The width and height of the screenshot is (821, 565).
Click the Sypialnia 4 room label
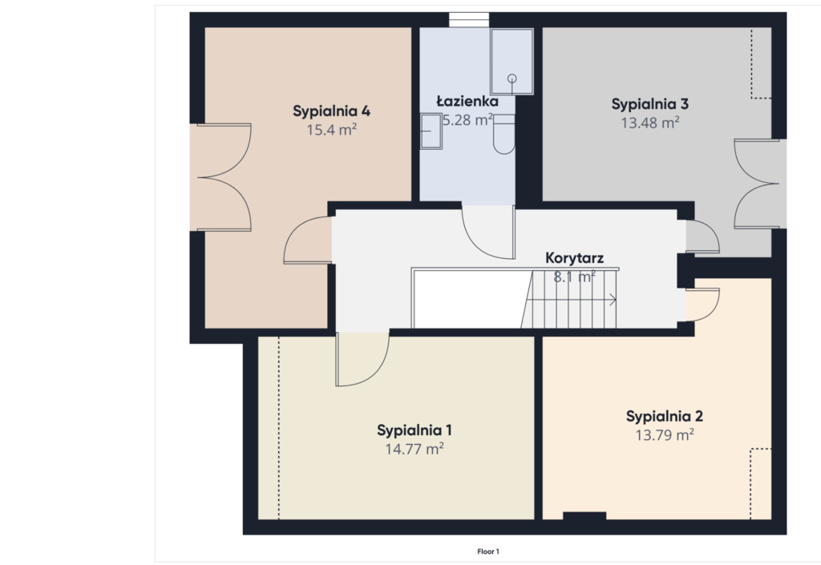[331, 111]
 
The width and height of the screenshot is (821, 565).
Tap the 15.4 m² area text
[331, 129]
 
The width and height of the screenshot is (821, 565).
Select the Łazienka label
[467, 101]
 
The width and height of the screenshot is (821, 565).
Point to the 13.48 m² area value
[649, 123]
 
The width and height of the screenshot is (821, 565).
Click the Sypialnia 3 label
[649, 104]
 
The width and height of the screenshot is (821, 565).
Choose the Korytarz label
[574, 258]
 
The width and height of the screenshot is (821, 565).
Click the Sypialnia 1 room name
[415, 430]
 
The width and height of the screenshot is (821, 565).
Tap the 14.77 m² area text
[415, 449]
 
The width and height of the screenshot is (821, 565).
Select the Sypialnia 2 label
[665, 417]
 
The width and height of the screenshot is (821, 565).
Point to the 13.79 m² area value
[665, 434]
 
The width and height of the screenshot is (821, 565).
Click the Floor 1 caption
[488, 551]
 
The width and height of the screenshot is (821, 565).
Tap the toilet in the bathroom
[504, 135]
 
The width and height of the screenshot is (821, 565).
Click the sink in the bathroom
[431, 131]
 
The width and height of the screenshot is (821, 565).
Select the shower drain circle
[512, 79]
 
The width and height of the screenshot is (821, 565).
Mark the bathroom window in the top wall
[469, 19]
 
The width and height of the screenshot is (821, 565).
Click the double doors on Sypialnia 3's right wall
[756, 184]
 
